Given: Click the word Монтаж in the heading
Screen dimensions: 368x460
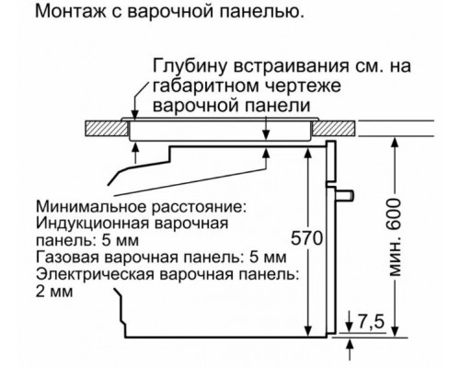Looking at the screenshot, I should pos(57,13).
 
